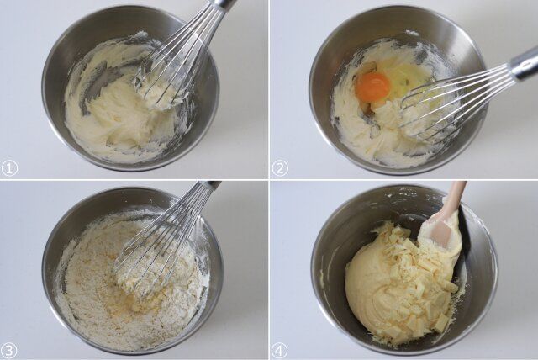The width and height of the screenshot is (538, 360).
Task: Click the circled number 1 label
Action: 9,168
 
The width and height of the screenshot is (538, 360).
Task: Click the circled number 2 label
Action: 280,168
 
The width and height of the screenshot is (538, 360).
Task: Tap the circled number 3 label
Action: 9,350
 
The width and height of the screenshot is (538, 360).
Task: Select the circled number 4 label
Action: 280,350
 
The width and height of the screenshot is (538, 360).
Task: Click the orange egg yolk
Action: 372,86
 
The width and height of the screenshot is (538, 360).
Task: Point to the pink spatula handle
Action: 455,198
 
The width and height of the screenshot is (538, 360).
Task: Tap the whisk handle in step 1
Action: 223,4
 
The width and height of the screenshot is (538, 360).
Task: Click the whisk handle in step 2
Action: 523,64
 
